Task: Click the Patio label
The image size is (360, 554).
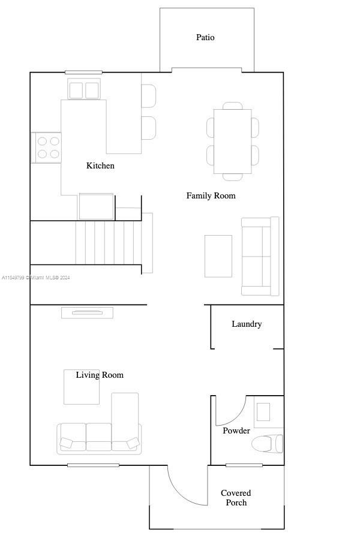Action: click(205, 37)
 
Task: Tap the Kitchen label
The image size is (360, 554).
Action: click(100, 165)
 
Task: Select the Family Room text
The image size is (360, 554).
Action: click(211, 195)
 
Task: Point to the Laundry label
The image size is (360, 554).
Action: click(247, 324)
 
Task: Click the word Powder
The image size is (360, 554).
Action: click(236, 430)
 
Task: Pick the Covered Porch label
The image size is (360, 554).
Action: click(236, 498)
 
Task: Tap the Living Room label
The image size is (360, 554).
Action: click(100, 375)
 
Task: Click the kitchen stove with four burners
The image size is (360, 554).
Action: click(46, 147)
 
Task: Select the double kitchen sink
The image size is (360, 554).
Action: click(84, 89)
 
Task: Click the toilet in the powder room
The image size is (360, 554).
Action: click(268, 444)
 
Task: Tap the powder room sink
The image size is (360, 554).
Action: click(263, 412)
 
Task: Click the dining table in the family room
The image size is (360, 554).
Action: click(233, 141)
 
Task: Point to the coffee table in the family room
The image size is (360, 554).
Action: click(218, 256)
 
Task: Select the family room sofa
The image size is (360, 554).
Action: click(260, 256)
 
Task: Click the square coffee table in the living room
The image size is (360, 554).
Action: click(82, 387)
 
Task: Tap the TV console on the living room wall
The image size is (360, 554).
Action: click(88, 313)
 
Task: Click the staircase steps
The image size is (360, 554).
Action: click(109, 243)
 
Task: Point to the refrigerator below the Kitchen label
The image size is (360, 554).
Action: click(96, 207)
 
